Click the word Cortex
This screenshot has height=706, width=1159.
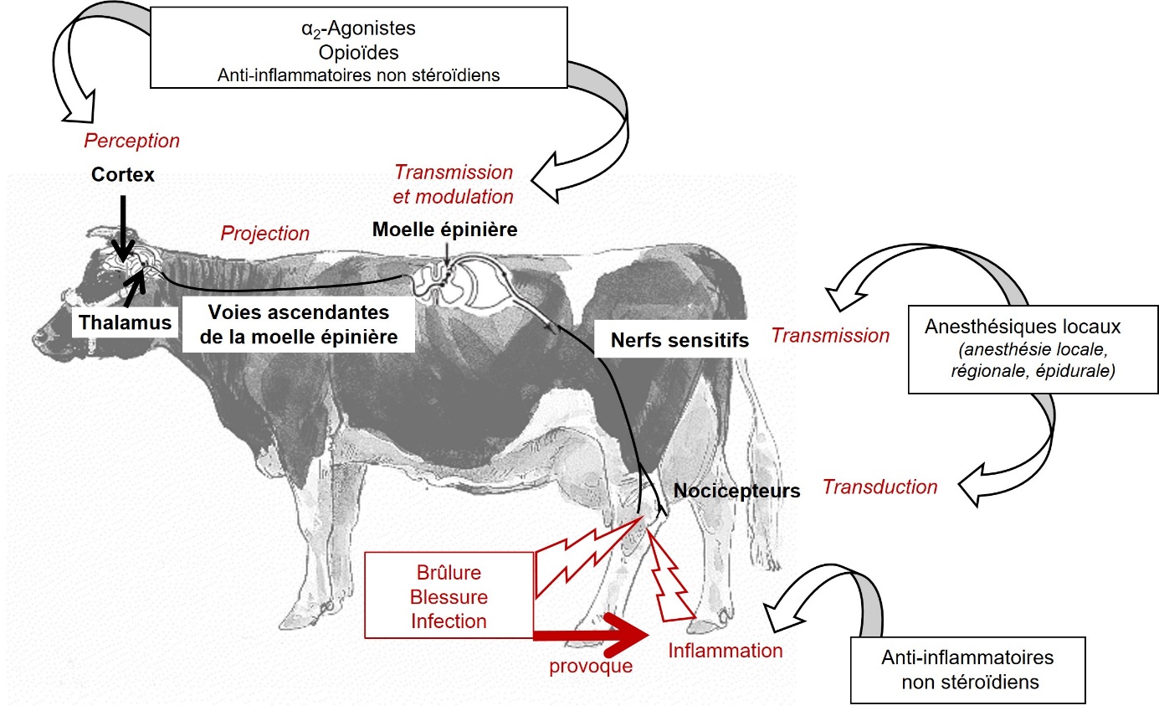pyautogui.click(x=124, y=176)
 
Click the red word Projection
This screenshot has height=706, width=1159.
pyautogui.click(x=264, y=234)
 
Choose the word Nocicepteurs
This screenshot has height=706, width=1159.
pyautogui.click(x=736, y=491)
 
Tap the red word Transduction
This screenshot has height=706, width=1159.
pyautogui.click(x=880, y=487)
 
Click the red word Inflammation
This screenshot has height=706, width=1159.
pyautogui.click(x=726, y=650)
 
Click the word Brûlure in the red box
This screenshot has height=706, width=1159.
pyautogui.click(x=449, y=575)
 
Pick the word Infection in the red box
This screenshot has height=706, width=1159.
pyautogui.click(x=449, y=621)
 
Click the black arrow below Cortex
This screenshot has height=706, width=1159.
pyautogui.click(x=123, y=226)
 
